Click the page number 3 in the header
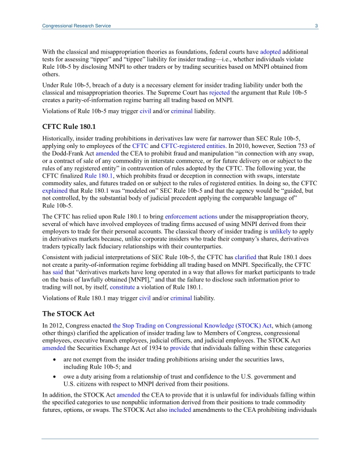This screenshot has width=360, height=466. tap(316, 26)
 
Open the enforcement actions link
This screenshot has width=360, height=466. tap(189, 217)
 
